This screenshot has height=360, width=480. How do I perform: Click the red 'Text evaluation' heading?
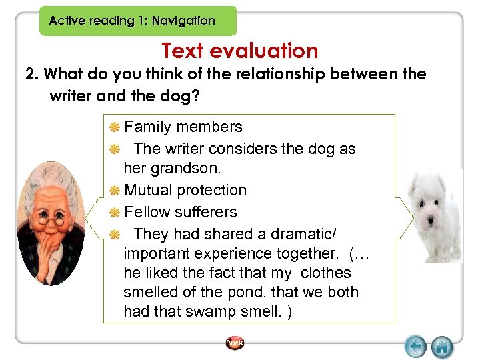[x=240, y=51]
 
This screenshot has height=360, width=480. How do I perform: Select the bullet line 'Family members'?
[x=183, y=127]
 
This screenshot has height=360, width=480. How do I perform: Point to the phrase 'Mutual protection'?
[x=185, y=190]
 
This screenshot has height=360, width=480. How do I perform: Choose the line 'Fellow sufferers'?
[x=181, y=212]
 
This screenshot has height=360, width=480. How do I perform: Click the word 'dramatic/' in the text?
[x=304, y=234]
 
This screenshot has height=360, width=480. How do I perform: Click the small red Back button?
[x=235, y=343]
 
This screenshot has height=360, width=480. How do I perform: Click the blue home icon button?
[x=441, y=347]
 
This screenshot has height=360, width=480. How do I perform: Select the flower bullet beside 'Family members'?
[x=115, y=127]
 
